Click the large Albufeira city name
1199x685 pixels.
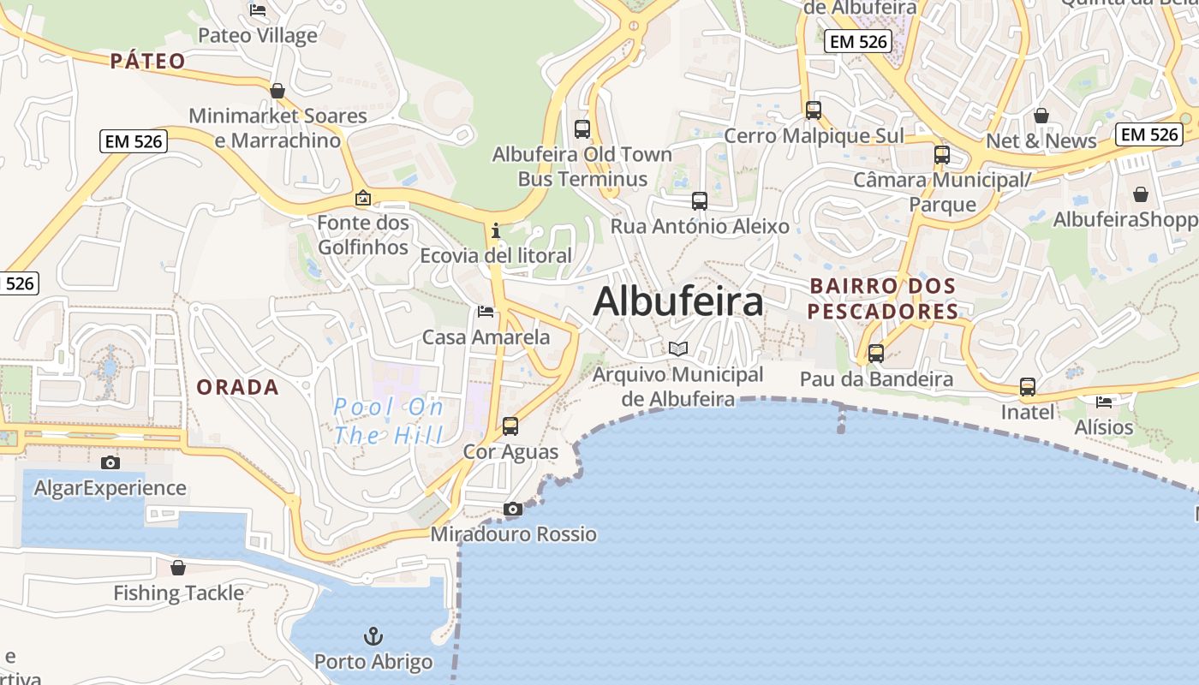click(678, 301)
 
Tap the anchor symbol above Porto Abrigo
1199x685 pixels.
click(373, 636)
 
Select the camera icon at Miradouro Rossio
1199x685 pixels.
click(513, 509)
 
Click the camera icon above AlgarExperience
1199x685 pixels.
click(110, 462)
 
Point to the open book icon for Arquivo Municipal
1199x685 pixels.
click(678, 348)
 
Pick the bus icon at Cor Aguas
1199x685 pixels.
click(510, 426)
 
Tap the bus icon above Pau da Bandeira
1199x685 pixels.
click(875, 353)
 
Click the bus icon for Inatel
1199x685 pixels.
click(1027, 387)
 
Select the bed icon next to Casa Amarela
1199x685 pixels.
click(486, 312)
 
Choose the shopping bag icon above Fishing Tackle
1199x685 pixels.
click(178, 567)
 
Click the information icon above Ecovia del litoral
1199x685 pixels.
click(495, 230)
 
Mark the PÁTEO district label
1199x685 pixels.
click(147, 61)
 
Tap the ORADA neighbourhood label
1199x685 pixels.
click(237, 387)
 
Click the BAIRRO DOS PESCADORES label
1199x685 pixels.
click(883, 298)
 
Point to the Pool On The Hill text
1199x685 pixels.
click(390, 421)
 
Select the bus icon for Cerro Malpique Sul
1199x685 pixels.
click(813, 110)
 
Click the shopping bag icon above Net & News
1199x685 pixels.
click(1041, 115)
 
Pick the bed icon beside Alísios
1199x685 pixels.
click(1104, 402)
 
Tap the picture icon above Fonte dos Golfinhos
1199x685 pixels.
click(363, 198)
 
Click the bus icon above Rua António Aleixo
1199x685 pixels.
click(700, 201)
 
